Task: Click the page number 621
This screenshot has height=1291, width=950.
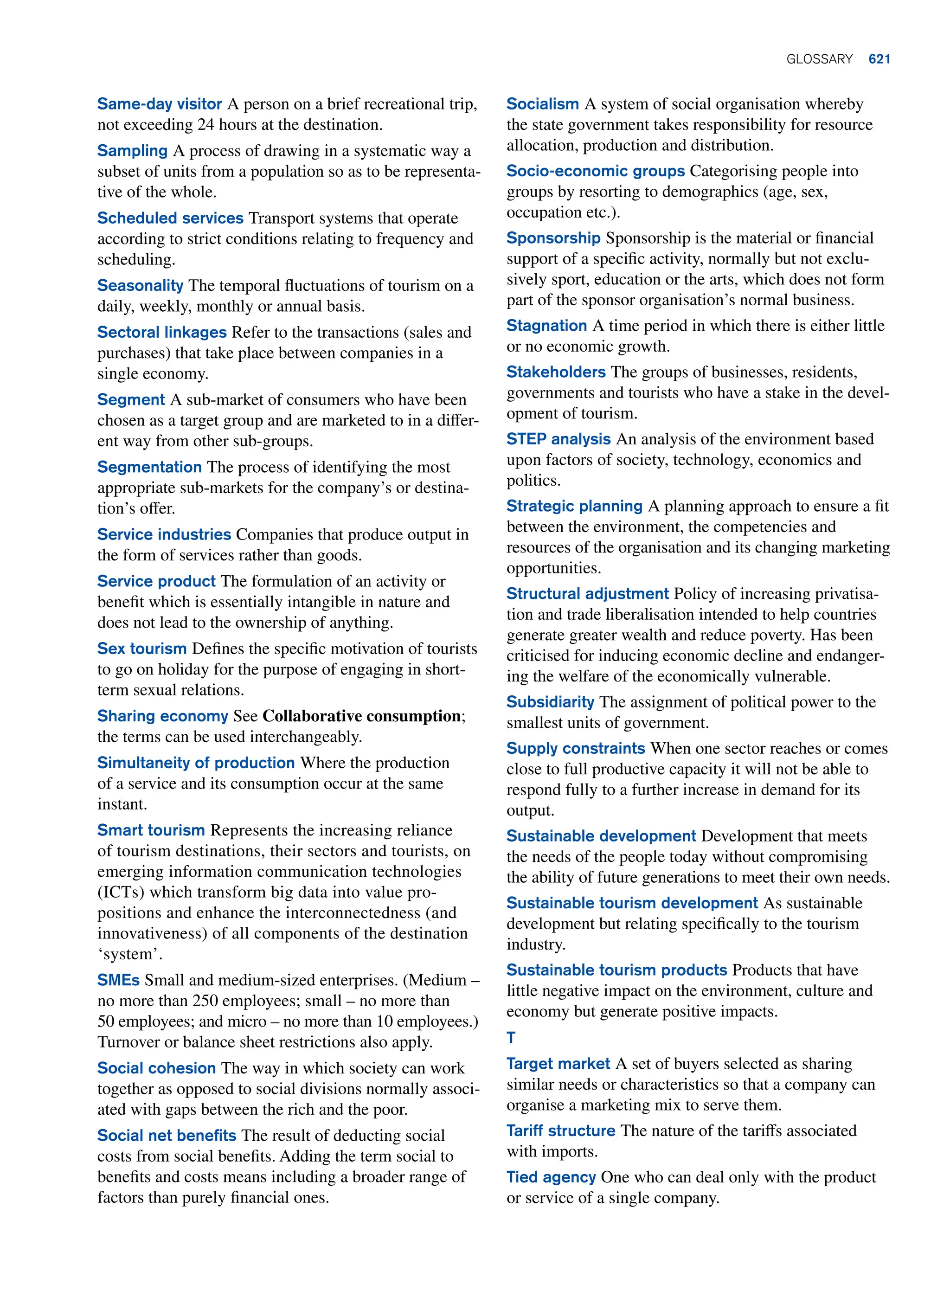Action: coord(879,59)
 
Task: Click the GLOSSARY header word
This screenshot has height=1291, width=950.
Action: coord(819,59)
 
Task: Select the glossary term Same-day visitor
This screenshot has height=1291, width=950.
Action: coord(159,104)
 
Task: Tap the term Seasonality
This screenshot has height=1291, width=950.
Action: coord(140,286)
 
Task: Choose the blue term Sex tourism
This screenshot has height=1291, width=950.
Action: coord(141,649)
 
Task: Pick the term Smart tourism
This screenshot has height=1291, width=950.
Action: coord(151,830)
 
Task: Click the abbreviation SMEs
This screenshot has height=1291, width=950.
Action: coord(118,980)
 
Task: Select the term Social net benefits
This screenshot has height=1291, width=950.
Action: coord(167,1136)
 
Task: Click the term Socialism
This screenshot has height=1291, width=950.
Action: coord(542,104)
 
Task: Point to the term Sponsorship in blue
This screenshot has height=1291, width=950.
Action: coord(553,238)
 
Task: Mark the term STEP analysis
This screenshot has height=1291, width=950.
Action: coord(558,439)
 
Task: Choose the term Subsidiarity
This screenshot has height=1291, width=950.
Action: coord(550,702)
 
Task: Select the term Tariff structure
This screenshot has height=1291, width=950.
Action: coord(561,1130)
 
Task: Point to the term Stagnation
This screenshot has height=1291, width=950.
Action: coord(546,326)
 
